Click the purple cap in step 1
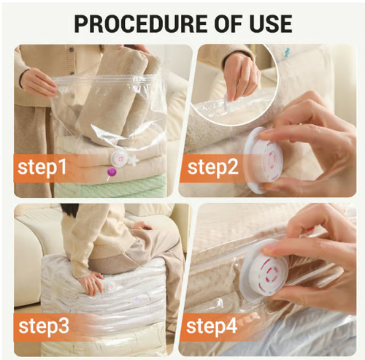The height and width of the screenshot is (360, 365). click(x=112, y=172)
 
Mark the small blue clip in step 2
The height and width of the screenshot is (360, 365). click(x=287, y=52)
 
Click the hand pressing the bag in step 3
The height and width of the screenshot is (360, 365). click(x=91, y=283)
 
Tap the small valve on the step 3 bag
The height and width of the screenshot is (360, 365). click(x=112, y=287)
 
